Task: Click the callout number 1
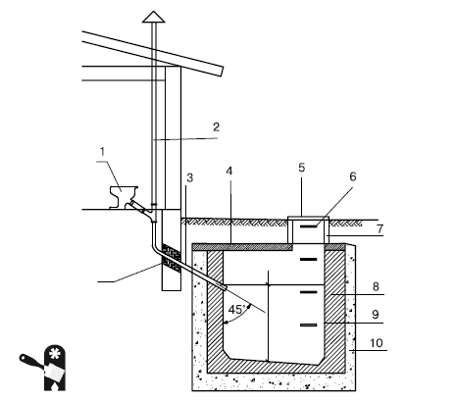[103, 152]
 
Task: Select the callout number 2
[216, 126]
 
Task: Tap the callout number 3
[190, 177]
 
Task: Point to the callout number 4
[229, 172]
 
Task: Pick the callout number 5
[302, 168]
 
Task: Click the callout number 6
[353, 176]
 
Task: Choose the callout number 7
[380, 229]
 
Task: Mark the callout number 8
[376, 286]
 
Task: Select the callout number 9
[376, 315]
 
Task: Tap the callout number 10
[377, 343]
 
